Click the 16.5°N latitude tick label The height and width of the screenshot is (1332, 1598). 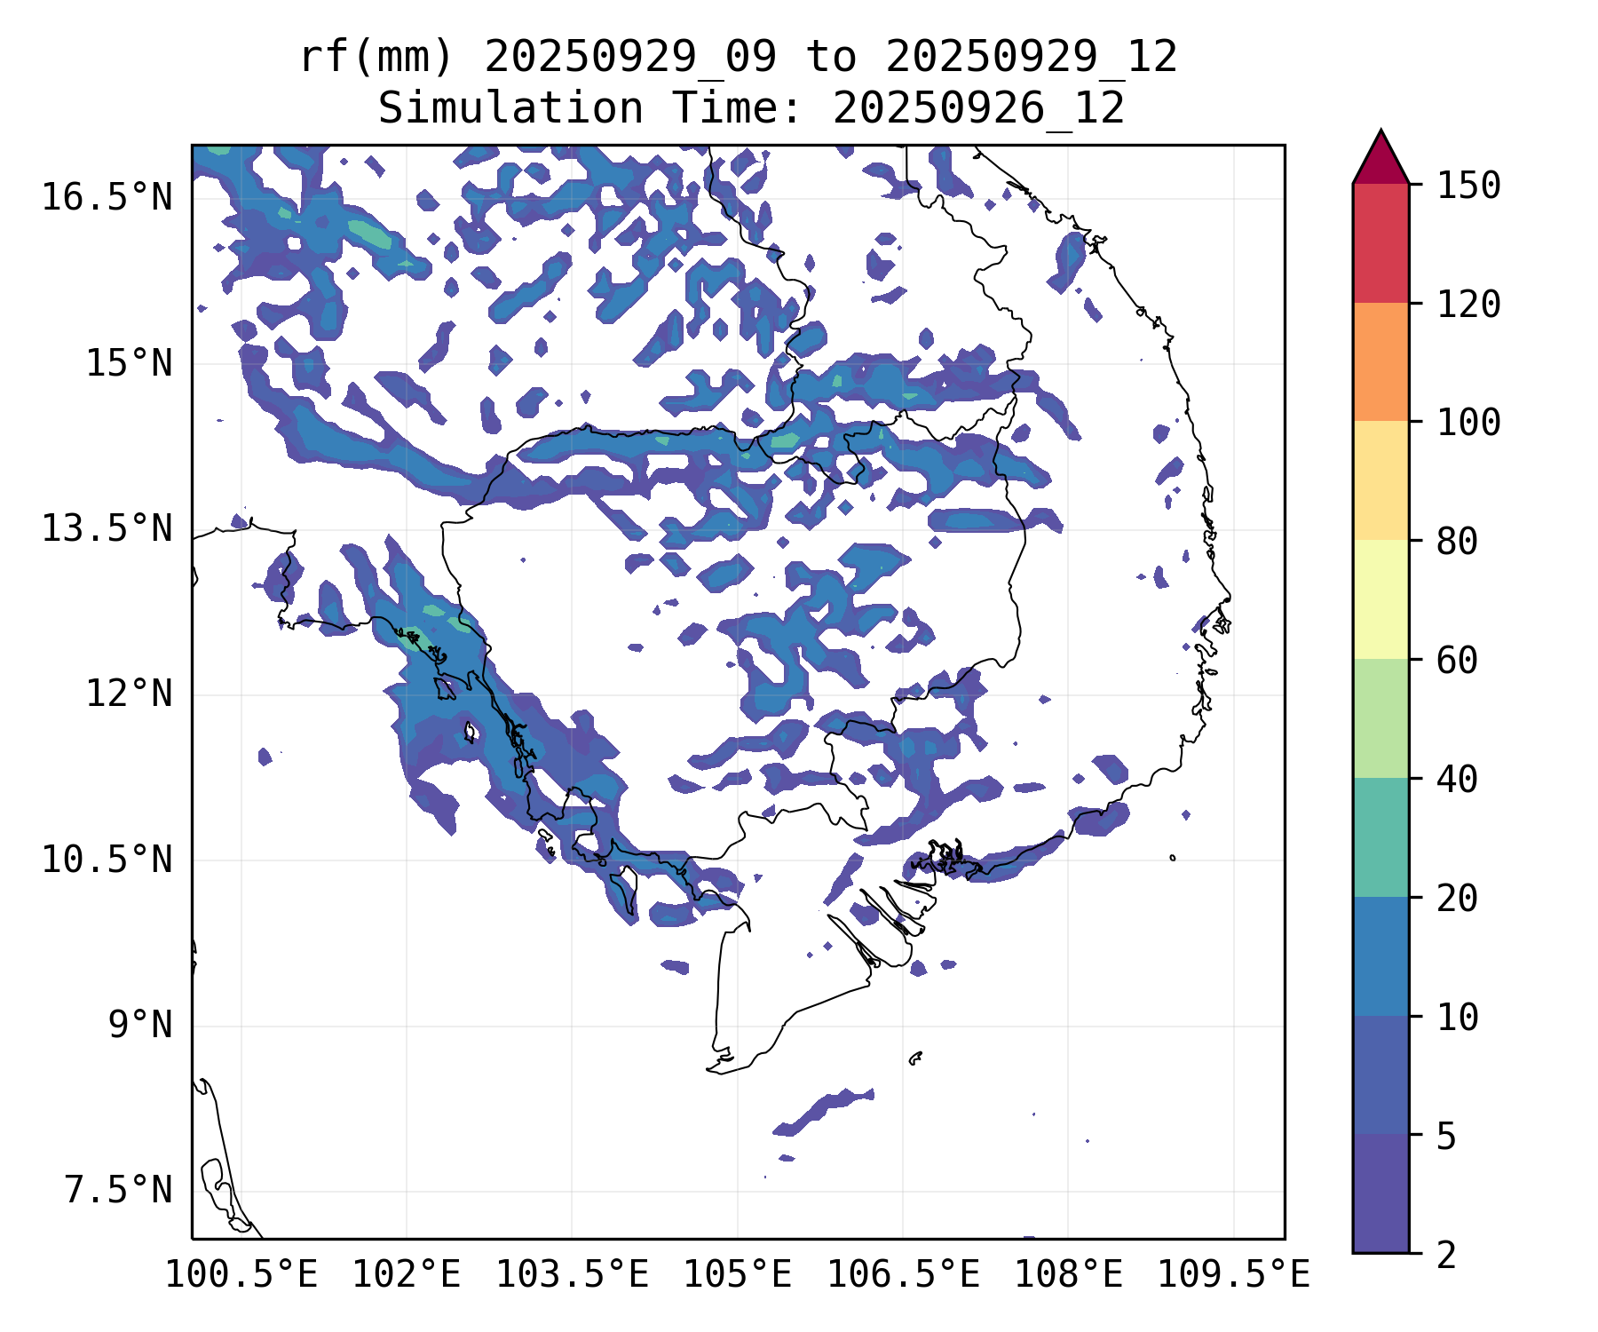[x=107, y=197]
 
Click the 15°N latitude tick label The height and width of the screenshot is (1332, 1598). [x=128, y=363]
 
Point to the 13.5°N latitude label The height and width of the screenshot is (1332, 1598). [x=107, y=528]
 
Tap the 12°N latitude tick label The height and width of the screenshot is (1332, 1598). [x=128, y=694]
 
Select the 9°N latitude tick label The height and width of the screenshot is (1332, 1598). [x=139, y=1025]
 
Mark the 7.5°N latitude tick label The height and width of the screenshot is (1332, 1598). [x=117, y=1190]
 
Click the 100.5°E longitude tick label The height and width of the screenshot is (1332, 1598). [x=241, y=1274]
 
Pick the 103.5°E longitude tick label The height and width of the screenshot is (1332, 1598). [x=572, y=1274]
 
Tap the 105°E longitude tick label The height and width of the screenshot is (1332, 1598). [x=737, y=1274]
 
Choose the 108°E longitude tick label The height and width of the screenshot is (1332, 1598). [x=1068, y=1274]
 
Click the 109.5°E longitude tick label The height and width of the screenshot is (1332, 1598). [x=1233, y=1274]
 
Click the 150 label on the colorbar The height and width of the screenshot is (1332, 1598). [x=1469, y=186]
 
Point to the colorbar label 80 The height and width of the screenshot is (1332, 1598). [x=1458, y=541]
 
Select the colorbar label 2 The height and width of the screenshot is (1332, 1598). [x=1446, y=1255]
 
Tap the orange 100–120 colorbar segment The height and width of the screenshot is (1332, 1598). [x=1380, y=361]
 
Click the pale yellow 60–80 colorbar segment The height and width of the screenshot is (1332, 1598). [x=1380, y=599]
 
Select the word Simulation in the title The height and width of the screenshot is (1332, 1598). [x=510, y=109]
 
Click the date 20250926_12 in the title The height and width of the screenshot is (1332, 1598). [x=978, y=109]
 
